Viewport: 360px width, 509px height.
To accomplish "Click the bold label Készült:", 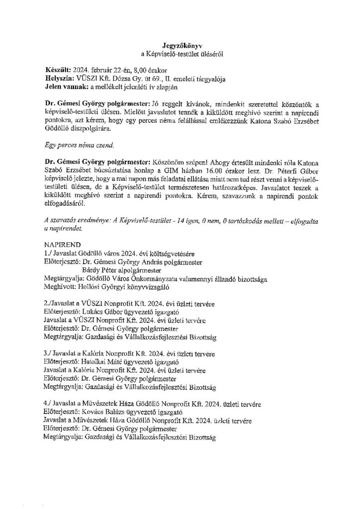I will point(57,69).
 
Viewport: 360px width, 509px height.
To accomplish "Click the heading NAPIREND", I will point(61,245).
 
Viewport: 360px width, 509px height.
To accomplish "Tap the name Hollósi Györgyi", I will point(101,288).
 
